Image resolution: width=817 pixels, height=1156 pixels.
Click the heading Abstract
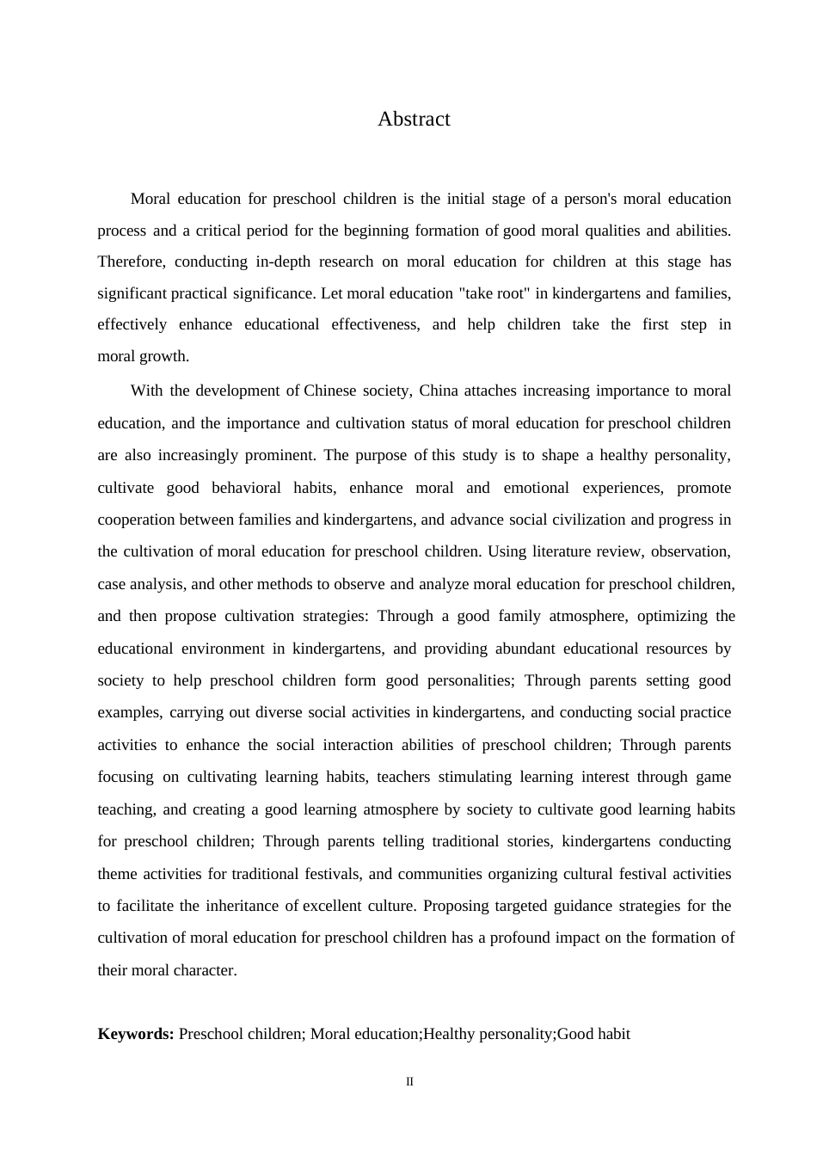point(414,120)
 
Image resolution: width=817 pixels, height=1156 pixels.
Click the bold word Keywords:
point(136,1034)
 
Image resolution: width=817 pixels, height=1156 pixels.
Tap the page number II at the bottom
point(409,1082)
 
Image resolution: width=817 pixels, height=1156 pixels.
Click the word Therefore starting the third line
point(131,261)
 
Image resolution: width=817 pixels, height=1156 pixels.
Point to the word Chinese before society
point(329,390)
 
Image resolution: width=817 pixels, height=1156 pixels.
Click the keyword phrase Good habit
point(593,1034)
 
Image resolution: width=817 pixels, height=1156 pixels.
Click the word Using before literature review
point(507,551)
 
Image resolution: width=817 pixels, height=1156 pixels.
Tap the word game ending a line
point(713,777)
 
